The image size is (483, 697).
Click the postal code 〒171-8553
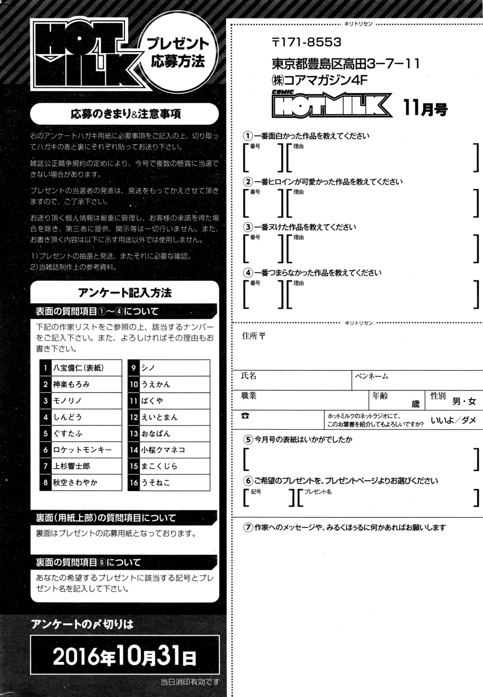click(x=306, y=42)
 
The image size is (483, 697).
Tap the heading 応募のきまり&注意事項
click(x=126, y=114)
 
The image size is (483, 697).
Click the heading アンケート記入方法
click(x=125, y=292)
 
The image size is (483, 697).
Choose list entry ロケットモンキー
click(x=82, y=450)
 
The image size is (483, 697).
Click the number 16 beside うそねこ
click(x=134, y=483)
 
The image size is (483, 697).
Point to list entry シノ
click(x=148, y=368)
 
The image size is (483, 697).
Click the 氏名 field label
click(x=249, y=376)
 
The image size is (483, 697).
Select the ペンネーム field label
click(x=371, y=376)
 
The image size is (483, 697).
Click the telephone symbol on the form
click(x=246, y=416)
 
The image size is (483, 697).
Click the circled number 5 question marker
click(x=248, y=439)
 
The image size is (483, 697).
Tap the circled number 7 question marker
click(x=248, y=528)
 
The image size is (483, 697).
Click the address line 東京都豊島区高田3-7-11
click(x=346, y=64)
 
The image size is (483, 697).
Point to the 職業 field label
click(x=249, y=396)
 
